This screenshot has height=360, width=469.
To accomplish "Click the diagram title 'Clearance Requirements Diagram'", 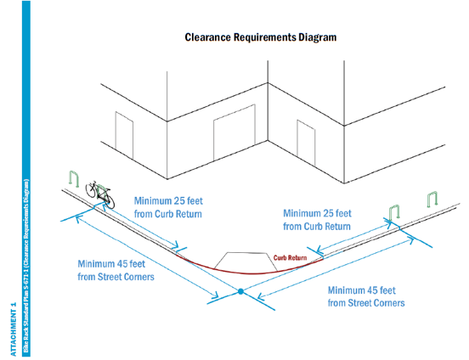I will (260, 38).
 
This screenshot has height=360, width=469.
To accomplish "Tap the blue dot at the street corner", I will (240, 292).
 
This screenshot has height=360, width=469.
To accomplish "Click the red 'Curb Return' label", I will (289, 257).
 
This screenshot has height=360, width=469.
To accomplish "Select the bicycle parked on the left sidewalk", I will (98, 192).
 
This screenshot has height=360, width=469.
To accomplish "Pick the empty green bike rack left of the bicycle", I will (73, 179).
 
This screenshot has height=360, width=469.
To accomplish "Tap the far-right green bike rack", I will (433, 200).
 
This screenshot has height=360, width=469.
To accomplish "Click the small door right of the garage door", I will (305, 138).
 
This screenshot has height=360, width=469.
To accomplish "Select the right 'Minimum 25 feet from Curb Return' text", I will (316, 220).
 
